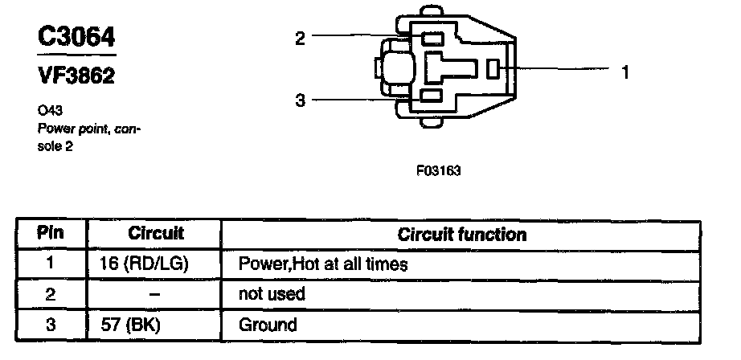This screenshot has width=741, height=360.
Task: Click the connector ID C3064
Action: (77, 37)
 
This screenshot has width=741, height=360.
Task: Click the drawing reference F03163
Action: (438, 171)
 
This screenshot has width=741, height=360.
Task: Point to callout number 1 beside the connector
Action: (624, 72)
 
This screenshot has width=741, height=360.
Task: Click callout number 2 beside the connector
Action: (300, 37)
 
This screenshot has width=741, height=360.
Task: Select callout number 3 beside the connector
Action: (300, 100)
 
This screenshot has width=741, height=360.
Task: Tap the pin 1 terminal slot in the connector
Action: (494, 70)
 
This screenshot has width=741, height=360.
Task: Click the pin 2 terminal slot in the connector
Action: (432, 38)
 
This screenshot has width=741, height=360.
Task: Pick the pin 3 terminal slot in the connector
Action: (432, 97)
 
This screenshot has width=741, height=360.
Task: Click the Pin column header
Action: (50, 234)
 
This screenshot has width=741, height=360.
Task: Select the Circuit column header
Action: (156, 234)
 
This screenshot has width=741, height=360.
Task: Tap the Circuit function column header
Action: (462, 235)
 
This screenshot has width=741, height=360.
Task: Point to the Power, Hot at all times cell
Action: (323, 264)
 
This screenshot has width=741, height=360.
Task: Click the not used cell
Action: (272, 294)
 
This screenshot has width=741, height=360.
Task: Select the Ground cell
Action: (268, 325)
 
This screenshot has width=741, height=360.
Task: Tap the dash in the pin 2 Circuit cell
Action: (155, 294)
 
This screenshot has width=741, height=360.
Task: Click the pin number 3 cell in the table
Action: (50, 325)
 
